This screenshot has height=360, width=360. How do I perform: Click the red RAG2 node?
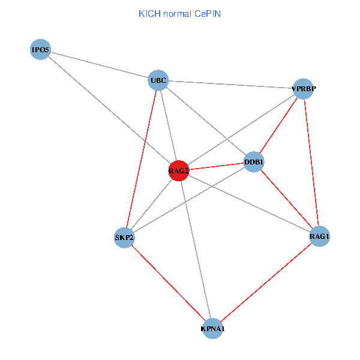pos(179,171)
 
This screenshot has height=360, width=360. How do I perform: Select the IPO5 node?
pos(40,49)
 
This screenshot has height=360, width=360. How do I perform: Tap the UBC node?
pos(158,80)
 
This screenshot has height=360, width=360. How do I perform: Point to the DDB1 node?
pos(254,162)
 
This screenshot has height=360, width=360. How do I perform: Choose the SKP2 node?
pos(124,237)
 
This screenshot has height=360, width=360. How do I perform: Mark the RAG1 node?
pos(319,236)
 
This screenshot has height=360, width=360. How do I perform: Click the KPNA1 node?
pos(212,329)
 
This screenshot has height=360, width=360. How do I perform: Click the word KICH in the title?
pos(149,13)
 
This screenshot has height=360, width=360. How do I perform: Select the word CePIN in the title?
pos(207,13)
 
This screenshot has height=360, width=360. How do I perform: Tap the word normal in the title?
pos(176,13)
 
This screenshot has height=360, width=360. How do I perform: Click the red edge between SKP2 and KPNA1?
pos(168,283)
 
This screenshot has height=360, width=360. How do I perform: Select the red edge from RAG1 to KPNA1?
pos(266,283)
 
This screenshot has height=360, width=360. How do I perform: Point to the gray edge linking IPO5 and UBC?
pos(99,65)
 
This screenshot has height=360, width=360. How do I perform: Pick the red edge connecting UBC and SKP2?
pos(142,158)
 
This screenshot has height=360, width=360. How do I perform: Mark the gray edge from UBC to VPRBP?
pos(230,85)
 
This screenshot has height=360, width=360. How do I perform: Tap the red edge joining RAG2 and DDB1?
pos(216,167)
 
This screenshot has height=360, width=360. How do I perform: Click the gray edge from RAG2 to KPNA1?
pos(196,250)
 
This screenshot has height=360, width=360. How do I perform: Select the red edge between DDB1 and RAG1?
pos(286,199)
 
